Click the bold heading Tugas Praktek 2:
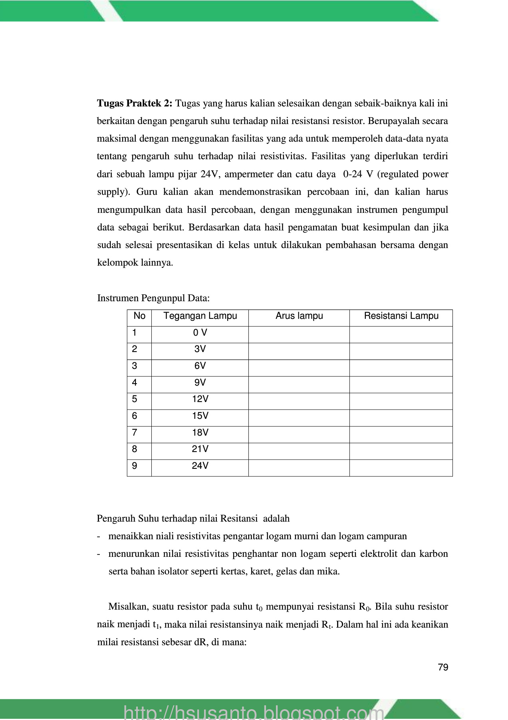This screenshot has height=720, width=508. click(135, 104)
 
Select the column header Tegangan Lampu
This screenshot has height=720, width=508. click(200, 316)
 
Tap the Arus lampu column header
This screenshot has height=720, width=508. click(299, 316)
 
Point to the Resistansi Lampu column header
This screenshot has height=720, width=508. click(401, 316)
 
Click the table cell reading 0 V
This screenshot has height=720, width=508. click(200, 333)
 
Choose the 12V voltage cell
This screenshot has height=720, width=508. click(200, 399)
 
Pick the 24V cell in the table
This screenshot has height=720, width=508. click(200, 466)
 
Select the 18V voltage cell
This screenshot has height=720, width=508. click(200, 433)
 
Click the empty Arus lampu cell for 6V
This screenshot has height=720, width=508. click(299, 368)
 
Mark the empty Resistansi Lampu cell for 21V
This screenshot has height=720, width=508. click(401, 451)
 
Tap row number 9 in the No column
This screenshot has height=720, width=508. click(135, 466)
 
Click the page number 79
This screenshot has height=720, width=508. click(443, 668)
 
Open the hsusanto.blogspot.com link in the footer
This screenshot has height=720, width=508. click(254, 712)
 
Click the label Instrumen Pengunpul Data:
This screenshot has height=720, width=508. click(153, 298)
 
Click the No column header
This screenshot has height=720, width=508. click(139, 316)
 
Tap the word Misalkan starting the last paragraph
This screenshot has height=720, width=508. click(127, 607)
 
